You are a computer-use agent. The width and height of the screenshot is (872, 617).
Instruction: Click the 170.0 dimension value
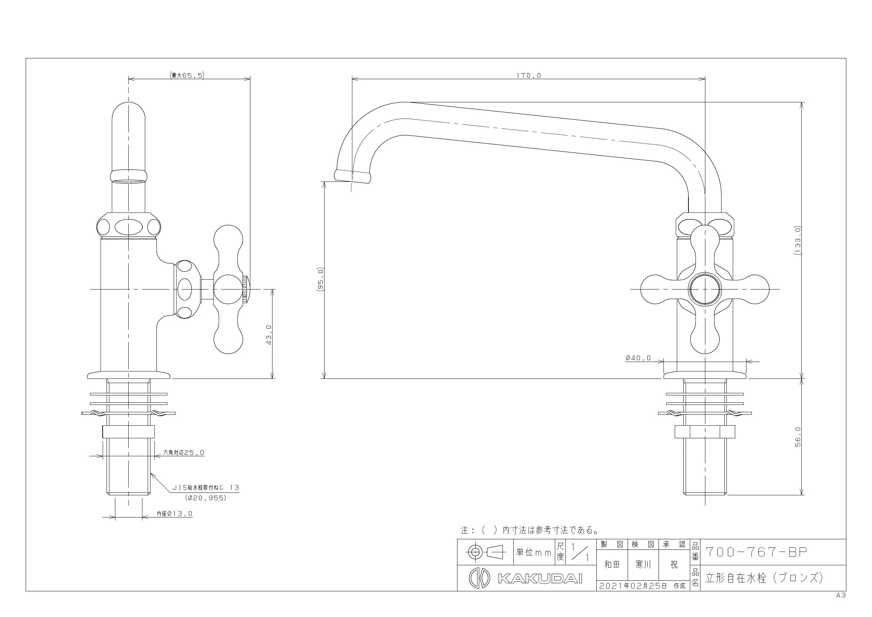click(528, 76)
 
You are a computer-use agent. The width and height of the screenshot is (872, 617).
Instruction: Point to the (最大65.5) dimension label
click(187, 75)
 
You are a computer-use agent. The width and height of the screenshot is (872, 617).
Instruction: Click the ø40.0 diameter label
click(638, 358)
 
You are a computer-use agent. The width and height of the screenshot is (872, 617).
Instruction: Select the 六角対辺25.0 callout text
click(184, 452)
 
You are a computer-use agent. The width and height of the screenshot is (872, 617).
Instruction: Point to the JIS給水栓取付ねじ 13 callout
click(206, 488)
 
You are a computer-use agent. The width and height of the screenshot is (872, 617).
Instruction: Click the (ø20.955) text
click(205, 498)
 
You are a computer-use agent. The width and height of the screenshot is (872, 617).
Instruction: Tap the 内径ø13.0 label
click(175, 514)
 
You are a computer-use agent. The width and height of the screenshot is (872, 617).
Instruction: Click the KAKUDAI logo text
click(540, 579)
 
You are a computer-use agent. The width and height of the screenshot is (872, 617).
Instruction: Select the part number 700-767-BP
click(756, 552)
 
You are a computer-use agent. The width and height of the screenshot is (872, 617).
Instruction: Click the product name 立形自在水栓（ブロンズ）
click(764, 578)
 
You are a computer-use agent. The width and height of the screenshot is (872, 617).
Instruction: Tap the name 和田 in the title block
click(612, 565)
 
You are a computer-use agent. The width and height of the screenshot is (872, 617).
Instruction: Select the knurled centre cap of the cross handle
click(705, 290)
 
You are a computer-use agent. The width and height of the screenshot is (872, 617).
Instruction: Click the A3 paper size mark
click(841, 595)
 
